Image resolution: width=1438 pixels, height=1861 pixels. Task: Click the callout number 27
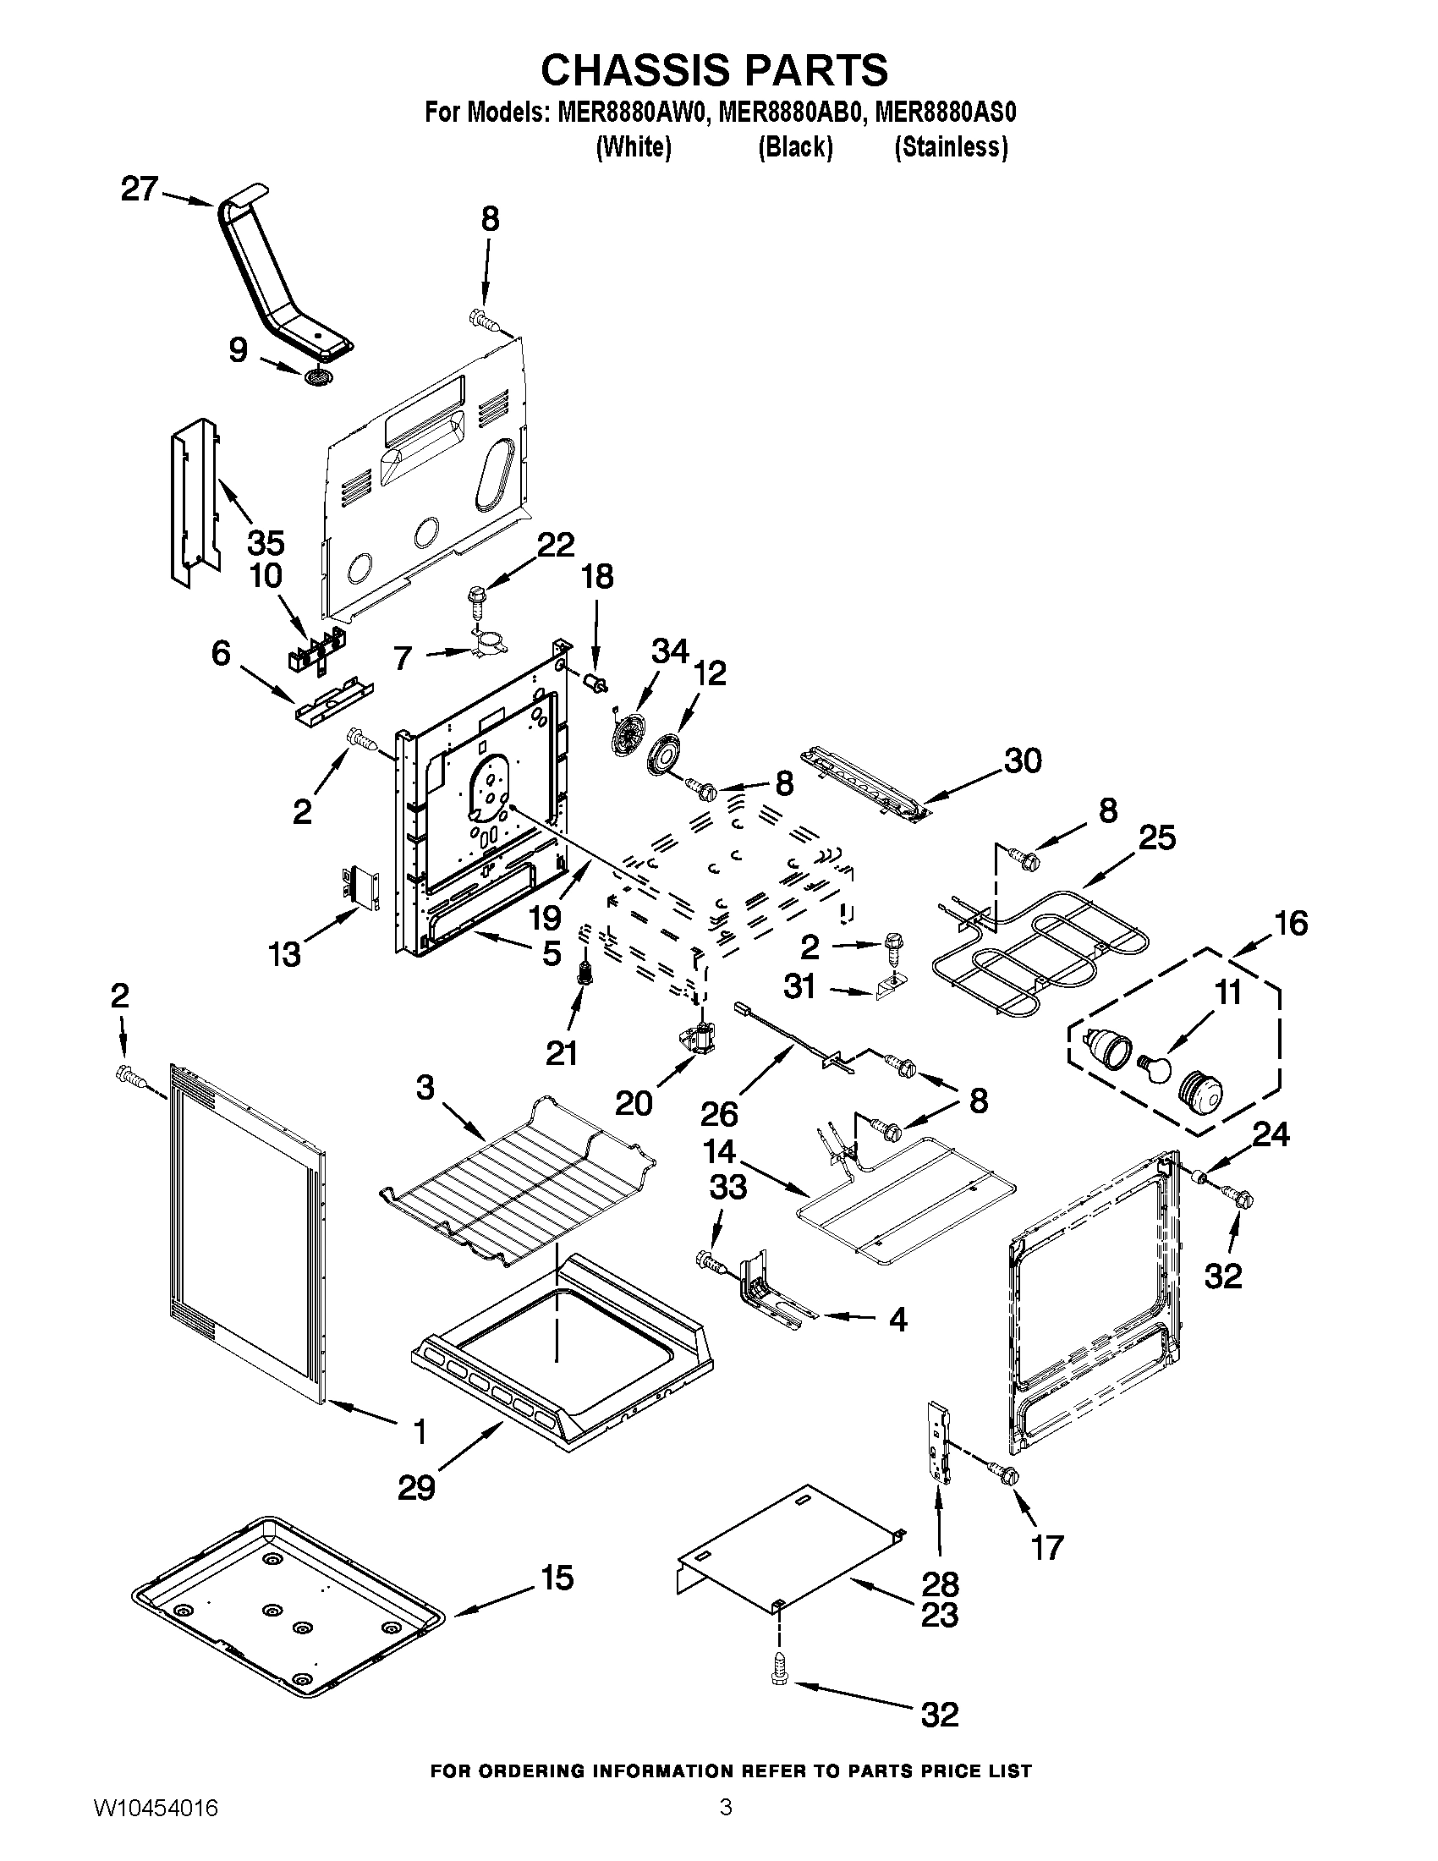pos(139,189)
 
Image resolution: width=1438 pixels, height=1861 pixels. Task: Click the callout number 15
pos(557,1578)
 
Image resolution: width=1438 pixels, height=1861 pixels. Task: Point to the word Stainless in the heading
pos(951,147)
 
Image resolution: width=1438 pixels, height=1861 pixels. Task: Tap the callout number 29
pos(416,1488)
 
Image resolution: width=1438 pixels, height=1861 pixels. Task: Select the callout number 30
pos(1023,760)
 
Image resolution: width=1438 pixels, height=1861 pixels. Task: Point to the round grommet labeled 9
pos(318,376)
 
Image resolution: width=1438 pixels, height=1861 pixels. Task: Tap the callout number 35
pos(265,542)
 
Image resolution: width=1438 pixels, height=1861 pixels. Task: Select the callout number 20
pos(634,1102)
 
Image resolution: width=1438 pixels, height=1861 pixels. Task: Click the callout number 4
pos(897,1320)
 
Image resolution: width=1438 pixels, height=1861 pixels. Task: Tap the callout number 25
pos(1156,837)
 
